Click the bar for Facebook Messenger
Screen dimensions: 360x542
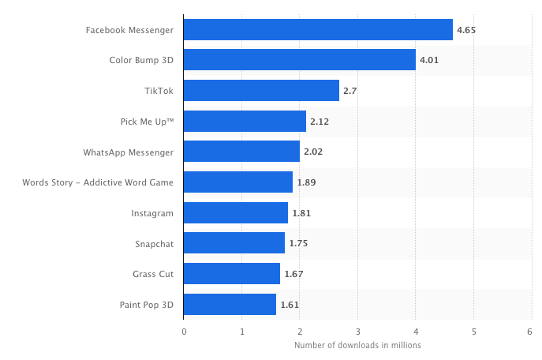[318, 30]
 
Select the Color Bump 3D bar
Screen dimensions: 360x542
[300, 60]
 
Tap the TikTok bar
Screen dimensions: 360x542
[261, 91]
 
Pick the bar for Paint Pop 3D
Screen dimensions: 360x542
[230, 304]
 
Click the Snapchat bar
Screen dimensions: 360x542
[234, 243]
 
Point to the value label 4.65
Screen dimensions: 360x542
[466, 31]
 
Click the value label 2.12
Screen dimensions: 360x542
[320, 122]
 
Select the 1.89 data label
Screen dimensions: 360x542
[306, 183]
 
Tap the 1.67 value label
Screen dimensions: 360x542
[293, 274]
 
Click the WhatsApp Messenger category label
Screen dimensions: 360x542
[128, 152]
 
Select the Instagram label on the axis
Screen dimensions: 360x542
[152, 213]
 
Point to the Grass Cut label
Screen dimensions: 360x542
[153, 274]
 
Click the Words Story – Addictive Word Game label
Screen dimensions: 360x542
[98, 182]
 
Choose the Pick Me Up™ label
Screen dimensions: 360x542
[147, 122]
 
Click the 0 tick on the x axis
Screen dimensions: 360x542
[184, 332]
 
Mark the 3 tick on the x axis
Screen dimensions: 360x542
[357, 332]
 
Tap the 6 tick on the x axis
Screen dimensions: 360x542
[530, 332]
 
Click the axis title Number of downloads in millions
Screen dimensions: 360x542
[357, 346]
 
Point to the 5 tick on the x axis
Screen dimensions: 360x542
[473, 332]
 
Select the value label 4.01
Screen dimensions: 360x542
[429, 61]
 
